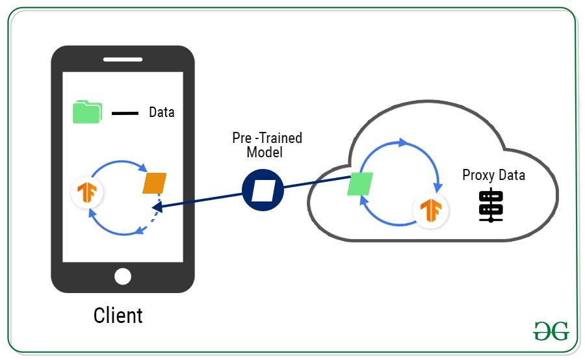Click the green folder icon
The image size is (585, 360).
[x=86, y=112]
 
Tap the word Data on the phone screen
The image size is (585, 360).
[x=162, y=112]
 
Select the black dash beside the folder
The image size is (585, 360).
[x=125, y=114]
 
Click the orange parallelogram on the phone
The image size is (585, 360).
[x=155, y=183]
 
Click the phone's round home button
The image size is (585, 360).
[x=123, y=276]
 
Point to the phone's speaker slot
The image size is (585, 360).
[x=123, y=59]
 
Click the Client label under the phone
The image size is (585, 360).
[x=118, y=316]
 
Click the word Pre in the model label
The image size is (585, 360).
[x=241, y=138]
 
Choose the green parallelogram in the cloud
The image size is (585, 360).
[x=359, y=184]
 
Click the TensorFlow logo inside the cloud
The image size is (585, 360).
[x=430, y=210]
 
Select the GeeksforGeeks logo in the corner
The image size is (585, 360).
[x=551, y=331]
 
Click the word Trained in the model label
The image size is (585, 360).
[x=281, y=138]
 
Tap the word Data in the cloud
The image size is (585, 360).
[x=512, y=175]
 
